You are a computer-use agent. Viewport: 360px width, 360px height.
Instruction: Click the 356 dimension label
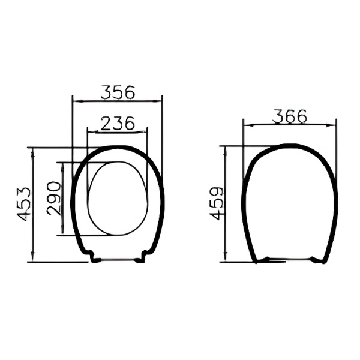118,92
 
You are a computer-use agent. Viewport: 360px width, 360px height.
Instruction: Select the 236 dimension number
118,123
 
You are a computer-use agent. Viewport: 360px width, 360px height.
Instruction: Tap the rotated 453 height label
23,205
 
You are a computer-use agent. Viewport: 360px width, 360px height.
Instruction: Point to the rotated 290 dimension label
54,199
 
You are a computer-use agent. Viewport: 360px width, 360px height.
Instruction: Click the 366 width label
289,116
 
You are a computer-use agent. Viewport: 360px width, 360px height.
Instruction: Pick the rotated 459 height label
216,203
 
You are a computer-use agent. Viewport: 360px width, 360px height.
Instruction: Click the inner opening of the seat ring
118,199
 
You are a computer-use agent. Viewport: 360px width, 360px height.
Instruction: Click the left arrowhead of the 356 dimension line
76,101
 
